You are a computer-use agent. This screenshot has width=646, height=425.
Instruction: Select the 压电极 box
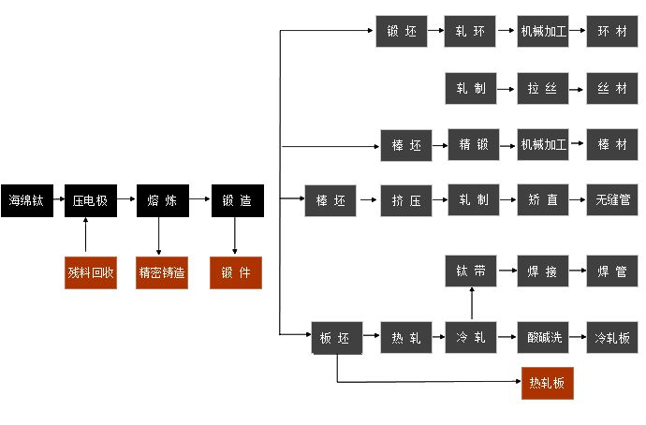coord(90,201)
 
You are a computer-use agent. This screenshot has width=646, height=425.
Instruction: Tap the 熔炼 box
coord(162,201)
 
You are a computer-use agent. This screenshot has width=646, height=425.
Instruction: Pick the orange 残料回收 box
coord(90,272)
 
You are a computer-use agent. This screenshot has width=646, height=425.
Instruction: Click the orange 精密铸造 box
coord(162,272)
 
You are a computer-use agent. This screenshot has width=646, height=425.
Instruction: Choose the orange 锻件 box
coord(235,272)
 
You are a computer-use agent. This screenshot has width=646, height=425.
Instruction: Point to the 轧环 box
coord(471,32)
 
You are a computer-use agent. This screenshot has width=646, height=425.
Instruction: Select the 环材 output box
coord(612,32)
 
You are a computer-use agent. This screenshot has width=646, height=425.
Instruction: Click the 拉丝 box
coord(543,89)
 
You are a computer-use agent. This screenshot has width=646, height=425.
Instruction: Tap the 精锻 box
coord(474,146)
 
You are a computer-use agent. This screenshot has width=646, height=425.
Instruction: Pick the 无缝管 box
coord(612,201)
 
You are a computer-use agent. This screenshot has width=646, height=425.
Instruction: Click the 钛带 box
coord(471,272)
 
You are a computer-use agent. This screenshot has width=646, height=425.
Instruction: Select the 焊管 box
coord(612,272)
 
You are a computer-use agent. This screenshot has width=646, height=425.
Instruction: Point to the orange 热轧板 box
coord(548,383)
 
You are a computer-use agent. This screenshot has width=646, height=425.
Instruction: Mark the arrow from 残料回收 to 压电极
coord(86,237)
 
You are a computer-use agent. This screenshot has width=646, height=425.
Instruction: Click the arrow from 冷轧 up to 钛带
coord(471,304)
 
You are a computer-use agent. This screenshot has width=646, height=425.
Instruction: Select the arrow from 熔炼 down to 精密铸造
coord(159,237)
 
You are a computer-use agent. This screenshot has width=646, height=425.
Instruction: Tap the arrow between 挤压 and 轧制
coord(438,201)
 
